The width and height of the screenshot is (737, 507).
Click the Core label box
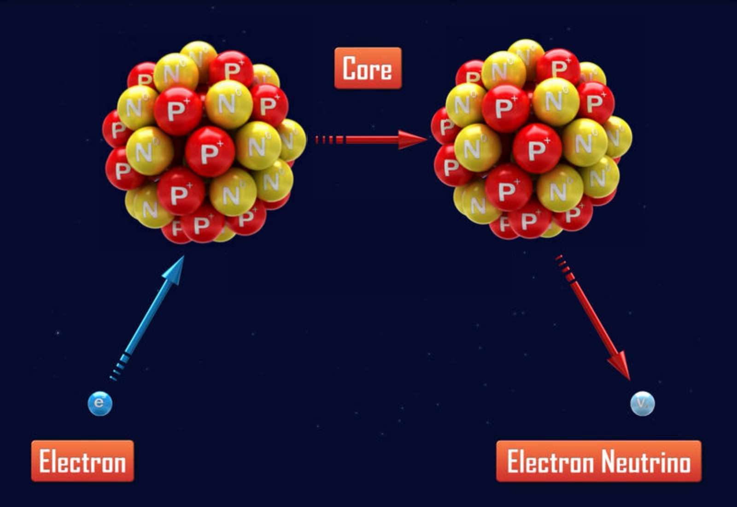368,68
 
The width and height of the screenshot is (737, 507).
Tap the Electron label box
82,461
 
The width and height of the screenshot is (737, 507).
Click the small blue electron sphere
99,404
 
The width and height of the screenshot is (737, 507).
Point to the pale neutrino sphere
642,404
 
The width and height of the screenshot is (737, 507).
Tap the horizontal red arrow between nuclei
378,140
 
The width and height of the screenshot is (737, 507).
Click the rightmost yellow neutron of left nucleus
292,139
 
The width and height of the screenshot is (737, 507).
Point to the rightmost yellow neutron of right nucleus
618,136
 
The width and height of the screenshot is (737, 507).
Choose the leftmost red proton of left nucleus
115,129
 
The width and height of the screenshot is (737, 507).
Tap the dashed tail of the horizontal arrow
328,140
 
